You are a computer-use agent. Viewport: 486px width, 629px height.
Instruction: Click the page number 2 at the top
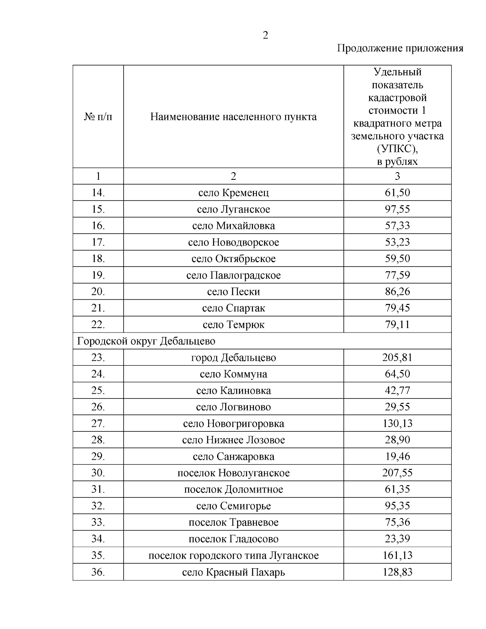(x=265, y=36)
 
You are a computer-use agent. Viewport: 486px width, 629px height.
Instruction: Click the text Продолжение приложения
(x=400, y=49)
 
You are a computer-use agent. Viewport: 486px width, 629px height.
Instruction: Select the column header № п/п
(x=98, y=117)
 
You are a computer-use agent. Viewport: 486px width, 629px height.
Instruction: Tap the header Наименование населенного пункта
(x=233, y=117)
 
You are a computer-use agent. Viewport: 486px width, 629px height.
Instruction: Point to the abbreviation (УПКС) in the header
(x=397, y=149)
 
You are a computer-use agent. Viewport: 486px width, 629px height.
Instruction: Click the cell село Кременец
(x=233, y=193)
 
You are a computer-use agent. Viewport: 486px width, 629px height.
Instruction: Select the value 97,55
(x=397, y=209)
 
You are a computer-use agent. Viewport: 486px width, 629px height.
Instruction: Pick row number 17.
(x=98, y=242)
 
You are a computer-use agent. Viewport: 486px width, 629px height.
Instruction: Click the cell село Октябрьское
(x=233, y=259)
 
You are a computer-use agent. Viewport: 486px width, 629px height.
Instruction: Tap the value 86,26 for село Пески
(x=397, y=292)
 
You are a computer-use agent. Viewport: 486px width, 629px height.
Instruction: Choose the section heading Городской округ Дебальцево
(x=146, y=341)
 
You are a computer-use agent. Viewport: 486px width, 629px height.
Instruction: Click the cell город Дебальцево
(x=233, y=358)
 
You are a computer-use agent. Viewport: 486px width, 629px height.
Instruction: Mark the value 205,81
(x=397, y=358)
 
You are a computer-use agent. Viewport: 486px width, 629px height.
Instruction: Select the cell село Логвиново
(x=233, y=407)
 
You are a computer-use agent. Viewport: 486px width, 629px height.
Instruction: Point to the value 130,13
(x=397, y=424)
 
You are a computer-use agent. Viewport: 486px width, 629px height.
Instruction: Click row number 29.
(x=98, y=456)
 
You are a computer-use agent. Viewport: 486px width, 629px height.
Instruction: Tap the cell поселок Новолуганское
(x=233, y=473)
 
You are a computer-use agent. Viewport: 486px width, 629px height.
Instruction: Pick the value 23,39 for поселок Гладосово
(x=397, y=539)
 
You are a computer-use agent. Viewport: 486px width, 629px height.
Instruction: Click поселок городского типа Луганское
(x=233, y=555)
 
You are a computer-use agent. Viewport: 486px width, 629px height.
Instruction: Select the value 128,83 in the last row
(x=397, y=572)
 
